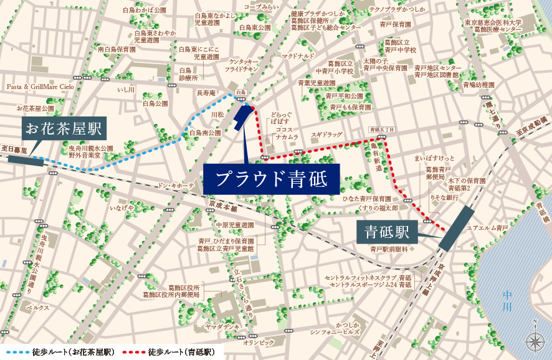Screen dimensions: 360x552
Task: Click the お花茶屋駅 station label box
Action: tap(63, 130)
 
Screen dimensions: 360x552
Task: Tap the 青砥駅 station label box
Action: tap(386, 232)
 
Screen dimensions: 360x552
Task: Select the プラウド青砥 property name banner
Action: tap(272, 178)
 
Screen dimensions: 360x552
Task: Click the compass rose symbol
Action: tap(535, 340)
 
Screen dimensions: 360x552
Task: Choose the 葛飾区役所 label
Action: tap(178, 287)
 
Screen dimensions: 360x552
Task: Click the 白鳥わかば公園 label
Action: tap(145, 11)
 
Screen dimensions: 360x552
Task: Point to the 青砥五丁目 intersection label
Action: tap(382, 129)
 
